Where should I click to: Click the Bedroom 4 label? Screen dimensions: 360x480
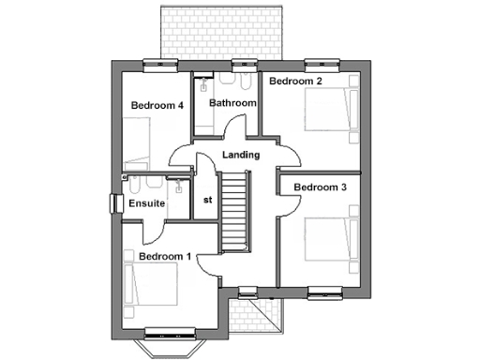pos(157,105)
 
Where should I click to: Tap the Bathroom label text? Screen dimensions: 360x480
pos(232,102)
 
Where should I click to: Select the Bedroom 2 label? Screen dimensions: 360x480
pos(296,82)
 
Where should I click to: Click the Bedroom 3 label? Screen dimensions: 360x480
pos(321,187)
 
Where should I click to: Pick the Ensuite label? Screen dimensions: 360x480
pos(147,202)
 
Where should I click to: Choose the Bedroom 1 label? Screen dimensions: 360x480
pos(165,256)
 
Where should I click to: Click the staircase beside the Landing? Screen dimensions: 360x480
pos(236,211)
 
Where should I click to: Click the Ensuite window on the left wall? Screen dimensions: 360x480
pos(116,202)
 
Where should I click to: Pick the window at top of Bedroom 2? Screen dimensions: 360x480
pos(317,65)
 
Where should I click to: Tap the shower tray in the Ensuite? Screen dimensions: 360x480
pos(176,192)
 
